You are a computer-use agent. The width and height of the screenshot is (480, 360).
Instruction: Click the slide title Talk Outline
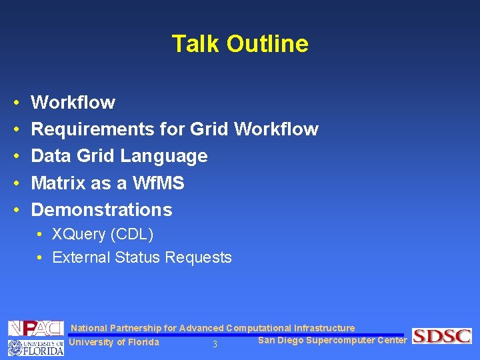coord(240,44)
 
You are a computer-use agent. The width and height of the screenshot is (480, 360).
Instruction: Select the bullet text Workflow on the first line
coord(73,103)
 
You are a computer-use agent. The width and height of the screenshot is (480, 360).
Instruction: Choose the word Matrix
coord(59,183)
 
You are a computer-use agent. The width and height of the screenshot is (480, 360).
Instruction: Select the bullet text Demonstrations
coord(101,209)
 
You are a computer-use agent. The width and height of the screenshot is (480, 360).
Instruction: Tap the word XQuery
coord(79,235)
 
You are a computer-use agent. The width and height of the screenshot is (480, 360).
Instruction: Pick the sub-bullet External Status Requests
coord(141,257)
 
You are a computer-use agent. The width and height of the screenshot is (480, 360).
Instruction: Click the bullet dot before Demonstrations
coord(15,210)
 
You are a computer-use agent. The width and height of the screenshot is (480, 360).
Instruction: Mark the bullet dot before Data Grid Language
coord(15,157)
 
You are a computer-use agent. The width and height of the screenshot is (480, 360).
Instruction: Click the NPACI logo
coord(35,329)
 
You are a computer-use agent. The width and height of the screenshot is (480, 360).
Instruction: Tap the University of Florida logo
coord(35,347)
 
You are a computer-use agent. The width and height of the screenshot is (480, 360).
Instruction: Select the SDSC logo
coord(441,336)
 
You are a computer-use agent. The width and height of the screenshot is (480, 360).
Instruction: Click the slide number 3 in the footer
coord(215,345)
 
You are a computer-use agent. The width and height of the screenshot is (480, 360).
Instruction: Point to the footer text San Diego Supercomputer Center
coord(331,341)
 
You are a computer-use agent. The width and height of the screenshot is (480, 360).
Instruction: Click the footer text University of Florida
coord(114,343)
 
